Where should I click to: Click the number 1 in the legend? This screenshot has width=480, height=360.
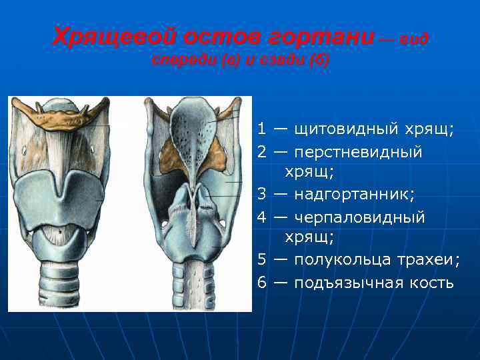262,127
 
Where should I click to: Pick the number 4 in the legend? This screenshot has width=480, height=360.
262,217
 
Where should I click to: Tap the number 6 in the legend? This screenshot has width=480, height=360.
262,283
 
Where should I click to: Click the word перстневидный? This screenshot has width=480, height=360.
358,152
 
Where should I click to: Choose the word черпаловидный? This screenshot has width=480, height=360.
359,217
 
